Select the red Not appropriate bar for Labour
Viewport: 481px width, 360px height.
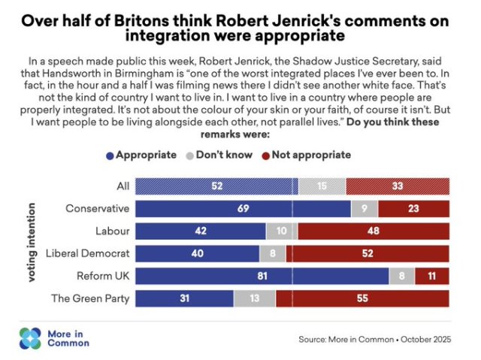[x=374, y=231]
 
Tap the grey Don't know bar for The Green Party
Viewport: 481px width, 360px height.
[x=254, y=298]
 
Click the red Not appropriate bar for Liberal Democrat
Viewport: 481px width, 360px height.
[x=367, y=253]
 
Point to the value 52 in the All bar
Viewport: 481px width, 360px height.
[x=216, y=186]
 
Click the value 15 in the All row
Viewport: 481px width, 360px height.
[x=322, y=186]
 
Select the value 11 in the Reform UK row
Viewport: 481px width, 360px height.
[x=431, y=276]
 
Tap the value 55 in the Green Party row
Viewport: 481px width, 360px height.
[x=362, y=298]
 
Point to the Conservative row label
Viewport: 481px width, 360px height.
[x=98, y=208]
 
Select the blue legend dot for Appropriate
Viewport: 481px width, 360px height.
[x=110, y=155]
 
